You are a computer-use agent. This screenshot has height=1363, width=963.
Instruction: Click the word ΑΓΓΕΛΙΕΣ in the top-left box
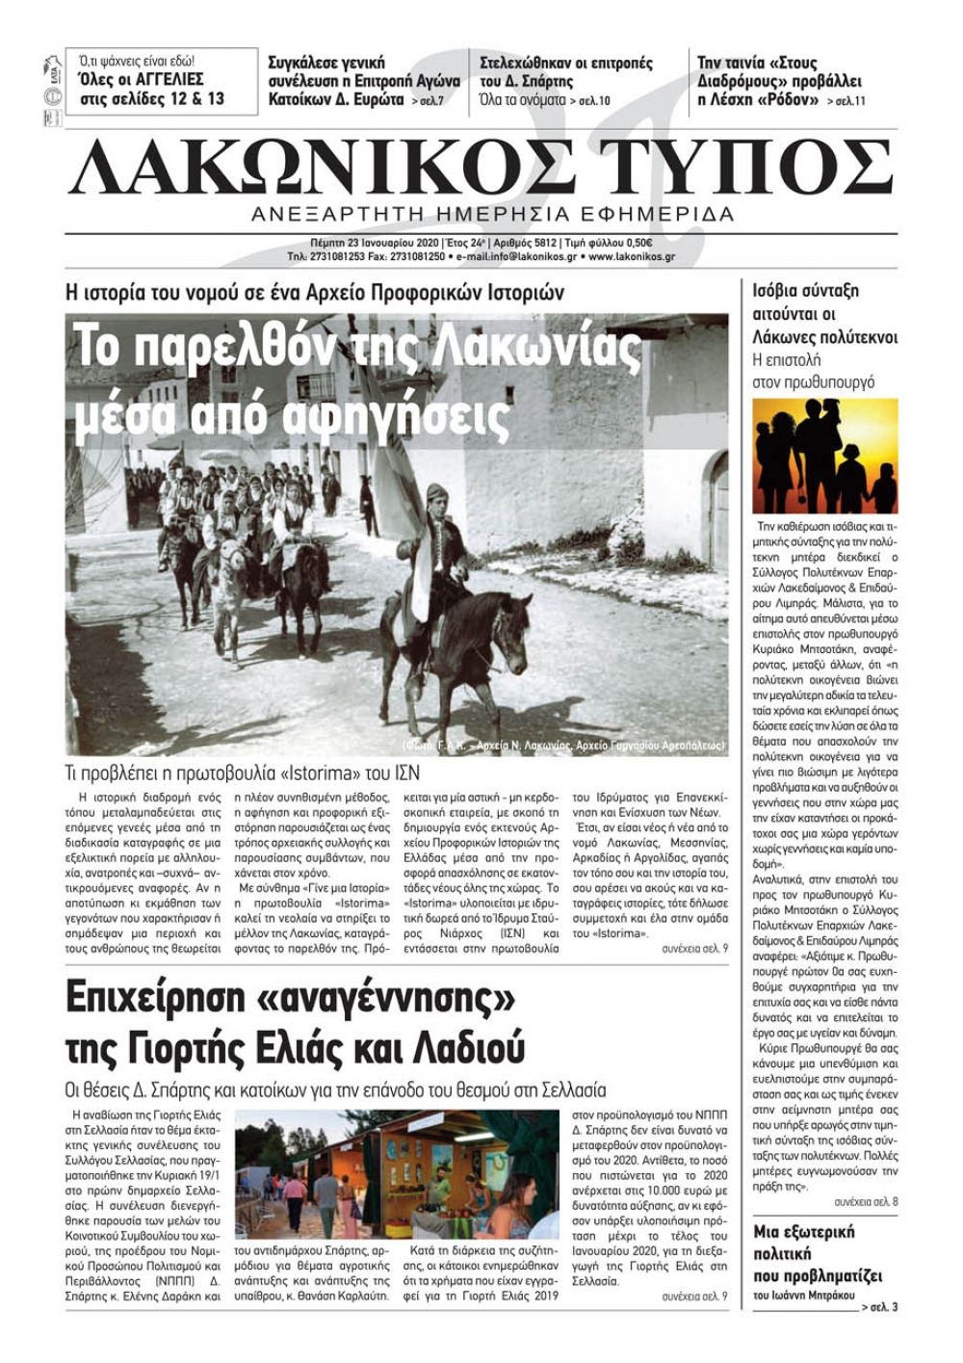coord(165,79)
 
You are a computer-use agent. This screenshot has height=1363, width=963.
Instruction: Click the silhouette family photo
coord(824,456)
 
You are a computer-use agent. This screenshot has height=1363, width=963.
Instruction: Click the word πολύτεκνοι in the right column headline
coord(848,337)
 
